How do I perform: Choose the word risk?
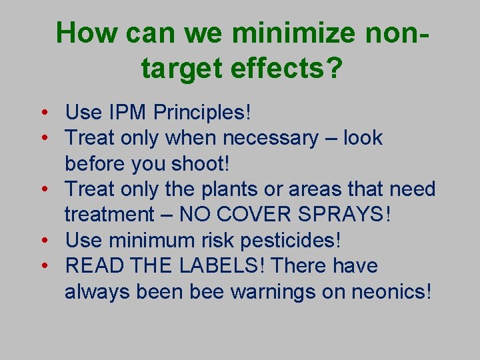tap(229, 240)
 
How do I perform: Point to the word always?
tap(97, 291)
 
